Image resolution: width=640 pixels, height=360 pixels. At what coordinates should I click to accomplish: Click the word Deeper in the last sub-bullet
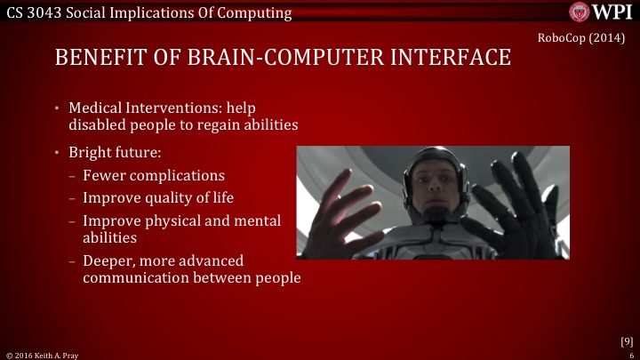click(108, 260)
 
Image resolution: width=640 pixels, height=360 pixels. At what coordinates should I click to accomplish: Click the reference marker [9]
click(626, 340)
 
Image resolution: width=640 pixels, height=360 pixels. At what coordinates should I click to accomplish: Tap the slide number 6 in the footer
click(630, 354)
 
